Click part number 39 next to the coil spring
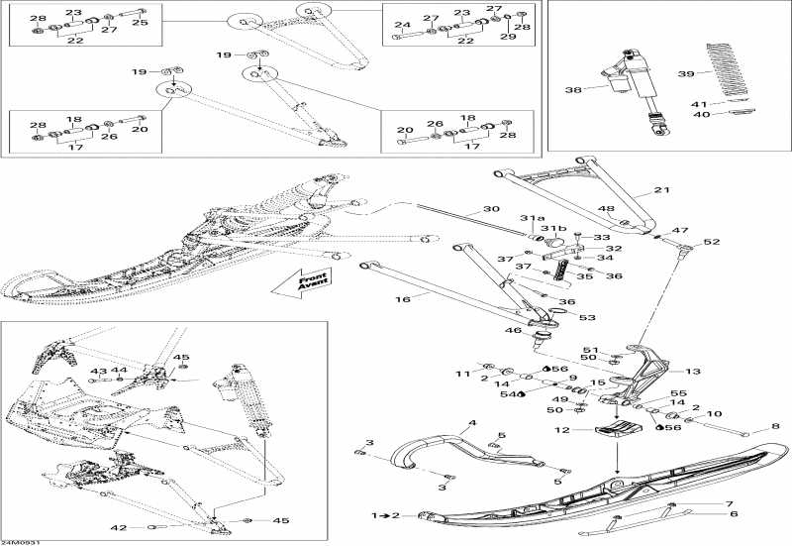tap(686, 73)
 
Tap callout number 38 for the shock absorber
tap(573, 90)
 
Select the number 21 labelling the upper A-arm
tap(661, 190)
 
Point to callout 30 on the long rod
tap(491, 209)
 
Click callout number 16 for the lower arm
tap(403, 299)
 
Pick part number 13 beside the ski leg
tap(692, 371)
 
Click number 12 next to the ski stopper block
tap(561, 430)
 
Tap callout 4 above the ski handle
tap(472, 423)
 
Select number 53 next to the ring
tap(587, 317)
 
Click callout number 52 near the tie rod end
tap(711, 242)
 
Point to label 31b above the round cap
tap(553, 228)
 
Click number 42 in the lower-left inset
tap(119, 528)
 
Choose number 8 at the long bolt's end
tap(775, 427)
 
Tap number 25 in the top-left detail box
tap(140, 22)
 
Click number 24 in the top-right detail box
tap(403, 25)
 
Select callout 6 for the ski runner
tap(734, 514)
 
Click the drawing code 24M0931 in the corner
tap(14, 542)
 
